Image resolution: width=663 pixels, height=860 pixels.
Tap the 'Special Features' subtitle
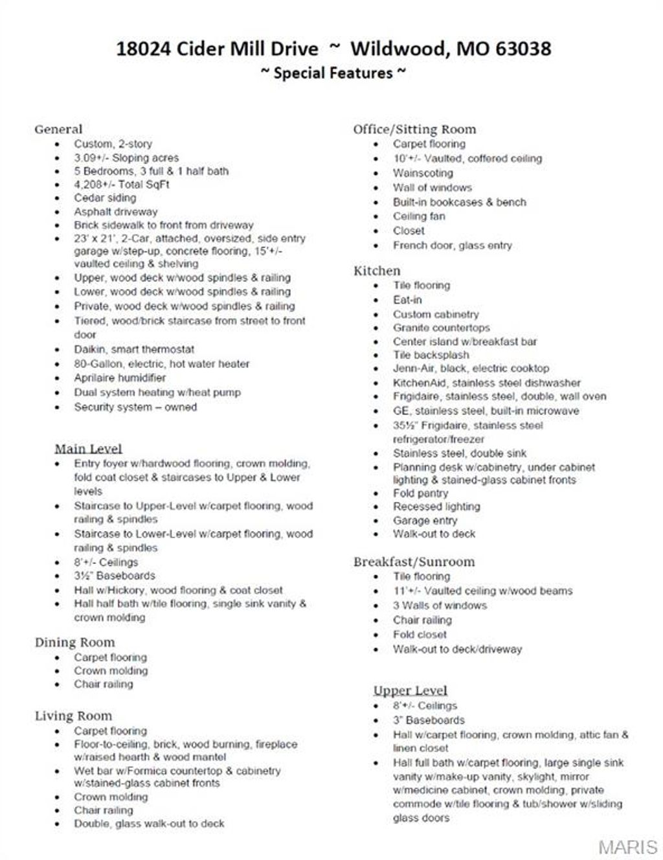click(333, 73)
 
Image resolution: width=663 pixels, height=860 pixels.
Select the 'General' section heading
click(58, 129)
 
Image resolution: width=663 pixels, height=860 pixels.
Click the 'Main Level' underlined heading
click(88, 449)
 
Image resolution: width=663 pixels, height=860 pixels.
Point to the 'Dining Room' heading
click(74, 642)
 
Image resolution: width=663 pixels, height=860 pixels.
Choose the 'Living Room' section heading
click(73, 716)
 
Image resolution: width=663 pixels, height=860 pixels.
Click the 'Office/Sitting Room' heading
click(414, 129)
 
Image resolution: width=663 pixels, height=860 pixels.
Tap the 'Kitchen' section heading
click(377, 271)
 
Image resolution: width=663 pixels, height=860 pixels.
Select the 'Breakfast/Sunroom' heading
click(414, 561)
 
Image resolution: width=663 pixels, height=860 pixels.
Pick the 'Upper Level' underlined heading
click(410, 690)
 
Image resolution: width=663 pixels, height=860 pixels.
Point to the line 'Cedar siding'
click(105, 198)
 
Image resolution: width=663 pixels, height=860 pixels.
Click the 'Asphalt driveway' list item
click(115, 212)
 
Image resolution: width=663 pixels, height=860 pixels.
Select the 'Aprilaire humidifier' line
click(120, 378)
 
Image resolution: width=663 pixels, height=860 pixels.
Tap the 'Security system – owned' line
click(135, 407)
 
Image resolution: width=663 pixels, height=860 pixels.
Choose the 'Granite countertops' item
click(441, 328)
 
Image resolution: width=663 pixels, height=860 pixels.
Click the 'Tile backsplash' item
click(431, 355)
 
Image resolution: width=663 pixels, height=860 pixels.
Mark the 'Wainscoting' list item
click(423, 173)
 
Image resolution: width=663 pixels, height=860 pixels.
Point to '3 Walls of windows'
click(440, 605)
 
